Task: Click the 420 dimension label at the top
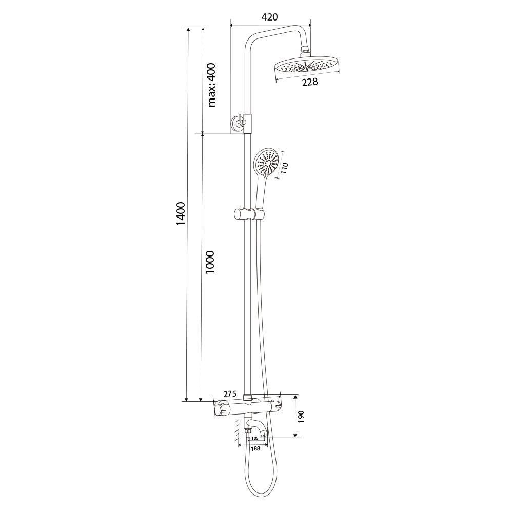pos(270,17)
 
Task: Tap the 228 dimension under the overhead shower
pos(310,82)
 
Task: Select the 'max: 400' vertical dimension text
pos(212,85)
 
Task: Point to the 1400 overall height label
pos(180,213)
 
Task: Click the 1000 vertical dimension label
pos(210,262)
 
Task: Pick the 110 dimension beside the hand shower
pos(284,168)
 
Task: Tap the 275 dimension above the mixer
pos(230,394)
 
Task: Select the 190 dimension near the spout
pos(301,417)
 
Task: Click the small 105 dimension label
pos(255,438)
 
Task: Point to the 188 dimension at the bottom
pos(255,448)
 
